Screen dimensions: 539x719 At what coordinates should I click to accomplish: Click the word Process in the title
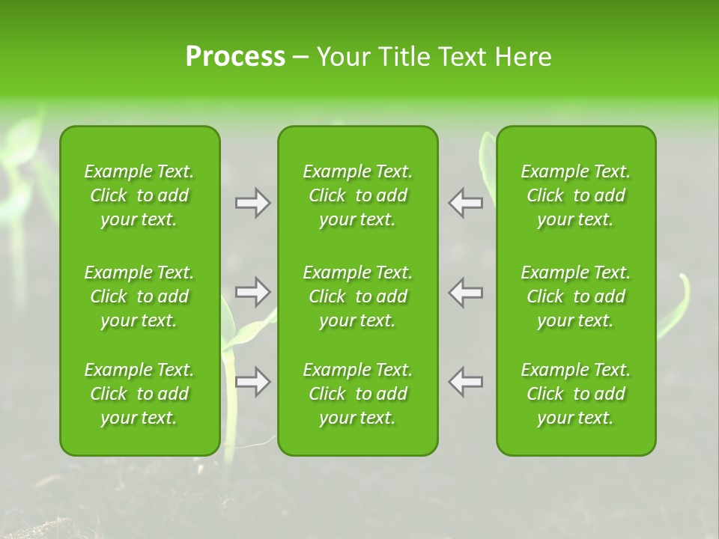(235, 57)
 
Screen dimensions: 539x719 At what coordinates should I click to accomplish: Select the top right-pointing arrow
(252, 203)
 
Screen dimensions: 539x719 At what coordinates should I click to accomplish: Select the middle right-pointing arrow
(252, 292)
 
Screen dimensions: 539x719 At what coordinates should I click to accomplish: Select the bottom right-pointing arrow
(252, 382)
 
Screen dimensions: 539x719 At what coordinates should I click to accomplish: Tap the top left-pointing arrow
(466, 203)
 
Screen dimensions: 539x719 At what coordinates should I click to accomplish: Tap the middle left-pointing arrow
(466, 292)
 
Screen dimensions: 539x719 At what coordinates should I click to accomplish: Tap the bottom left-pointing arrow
(466, 382)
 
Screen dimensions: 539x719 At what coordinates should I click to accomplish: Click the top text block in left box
(139, 195)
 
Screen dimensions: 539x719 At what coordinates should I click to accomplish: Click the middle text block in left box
(139, 296)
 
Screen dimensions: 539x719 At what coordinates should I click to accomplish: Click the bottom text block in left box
(139, 394)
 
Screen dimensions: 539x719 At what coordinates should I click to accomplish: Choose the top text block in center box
(357, 195)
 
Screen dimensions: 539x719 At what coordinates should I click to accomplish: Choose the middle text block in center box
(357, 296)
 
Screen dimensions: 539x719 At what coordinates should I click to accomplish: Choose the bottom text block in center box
(357, 394)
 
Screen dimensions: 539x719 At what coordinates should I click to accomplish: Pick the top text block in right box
(575, 195)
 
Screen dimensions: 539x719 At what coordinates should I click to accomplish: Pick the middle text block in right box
(575, 296)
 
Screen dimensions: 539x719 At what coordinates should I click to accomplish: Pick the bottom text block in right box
(575, 394)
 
